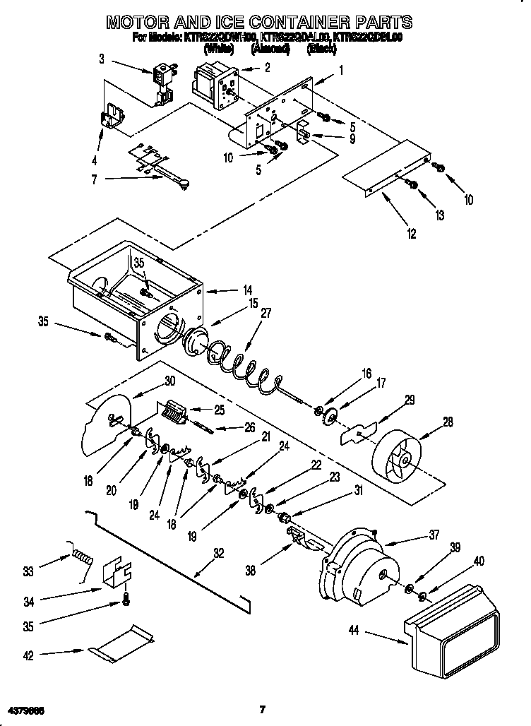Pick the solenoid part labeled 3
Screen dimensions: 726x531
tap(162, 80)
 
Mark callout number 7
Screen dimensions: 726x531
tap(94, 179)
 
